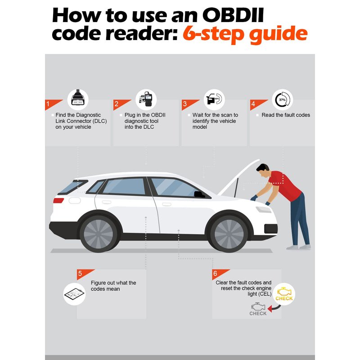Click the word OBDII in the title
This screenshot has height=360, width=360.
click(x=233, y=15)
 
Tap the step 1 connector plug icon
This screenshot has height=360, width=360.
click(x=78, y=97)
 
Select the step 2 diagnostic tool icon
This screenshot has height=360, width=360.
click(x=146, y=99)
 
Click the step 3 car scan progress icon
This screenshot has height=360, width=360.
click(x=214, y=99)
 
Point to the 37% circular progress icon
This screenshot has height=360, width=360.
click(x=283, y=99)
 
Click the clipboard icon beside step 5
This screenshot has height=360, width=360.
click(x=74, y=294)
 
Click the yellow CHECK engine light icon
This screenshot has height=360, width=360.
click(x=284, y=294)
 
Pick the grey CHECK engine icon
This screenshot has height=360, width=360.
click(x=258, y=309)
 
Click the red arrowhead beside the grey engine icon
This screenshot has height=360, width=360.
click(x=270, y=309)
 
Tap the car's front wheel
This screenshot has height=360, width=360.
click(x=229, y=234)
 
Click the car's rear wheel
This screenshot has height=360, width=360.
click(x=99, y=234)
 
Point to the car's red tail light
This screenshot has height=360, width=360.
click(x=58, y=200)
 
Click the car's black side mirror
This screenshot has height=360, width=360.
click(x=199, y=194)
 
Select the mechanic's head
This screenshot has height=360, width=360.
click(x=263, y=171)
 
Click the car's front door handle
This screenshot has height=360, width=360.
click(x=166, y=204)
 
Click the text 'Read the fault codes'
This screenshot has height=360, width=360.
click(x=286, y=115)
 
